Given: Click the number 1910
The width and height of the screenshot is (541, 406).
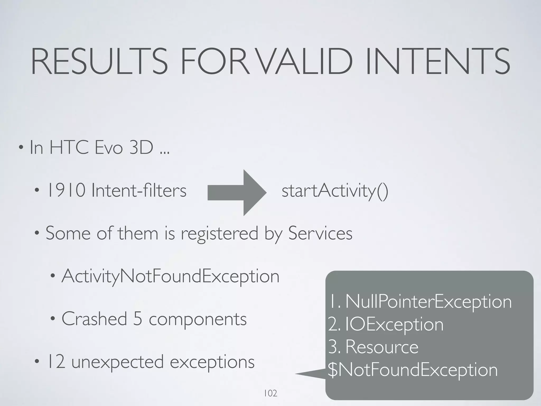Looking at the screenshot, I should point(66,191).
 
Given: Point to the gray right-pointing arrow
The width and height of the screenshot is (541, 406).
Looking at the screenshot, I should point(237,193).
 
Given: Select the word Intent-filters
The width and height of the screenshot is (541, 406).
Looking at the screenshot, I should point(139,191).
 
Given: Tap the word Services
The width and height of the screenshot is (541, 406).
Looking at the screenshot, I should point(320,233).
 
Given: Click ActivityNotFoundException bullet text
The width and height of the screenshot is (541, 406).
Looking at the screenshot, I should point(170,276).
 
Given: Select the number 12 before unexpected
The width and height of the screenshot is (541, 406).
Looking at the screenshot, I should point(56,362).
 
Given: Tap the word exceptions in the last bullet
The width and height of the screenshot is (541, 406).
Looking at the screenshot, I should point(212,362).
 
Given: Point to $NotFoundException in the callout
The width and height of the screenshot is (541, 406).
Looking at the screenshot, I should point(413,370).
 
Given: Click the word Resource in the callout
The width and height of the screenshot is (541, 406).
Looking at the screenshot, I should point(382,347).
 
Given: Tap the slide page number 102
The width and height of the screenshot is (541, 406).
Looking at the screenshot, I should point(270,394).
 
